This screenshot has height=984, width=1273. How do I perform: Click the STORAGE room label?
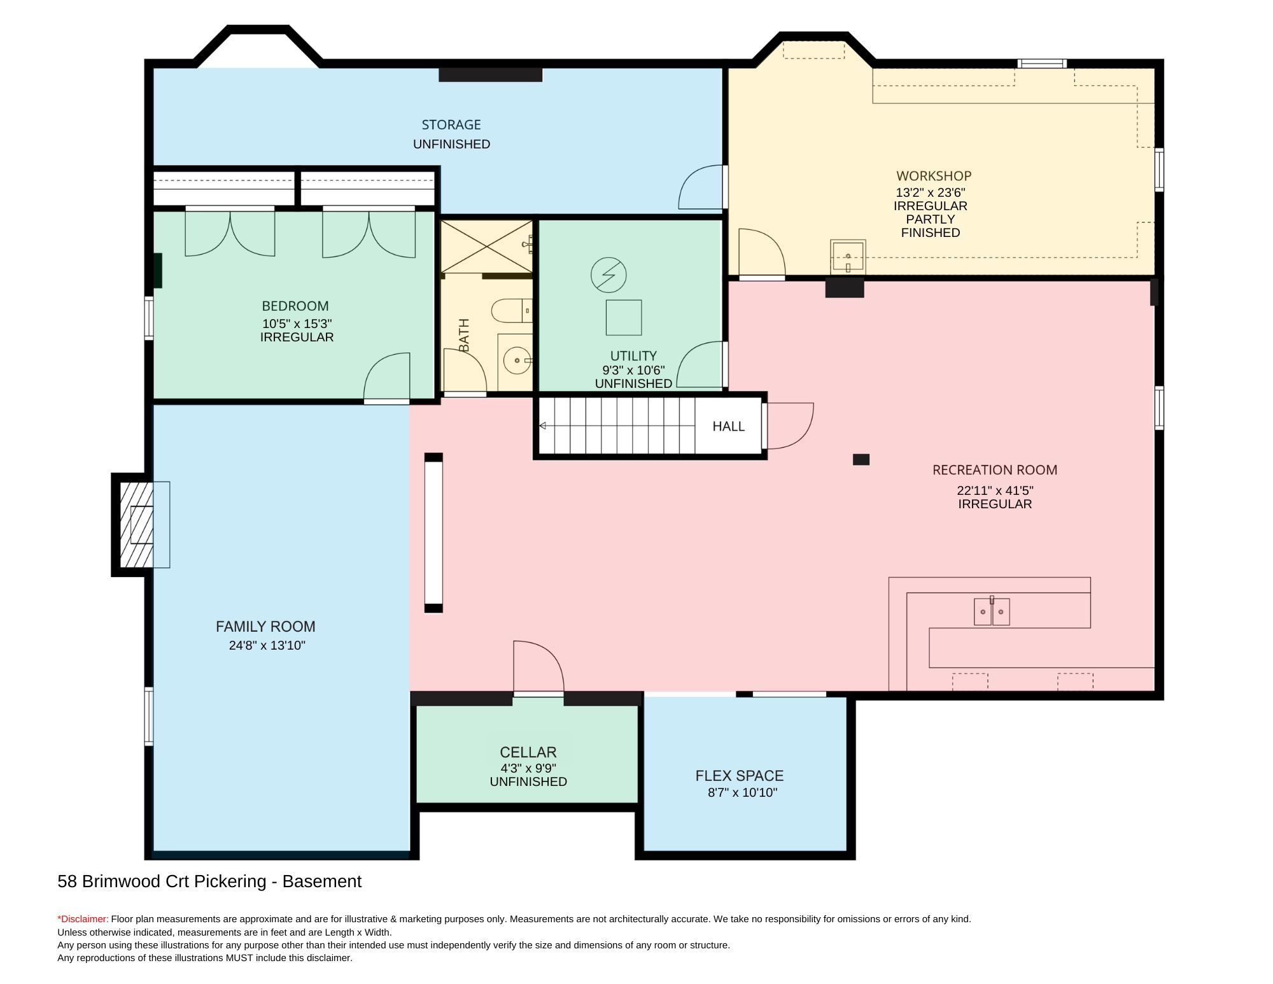451,125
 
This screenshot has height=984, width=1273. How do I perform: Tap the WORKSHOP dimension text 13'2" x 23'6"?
931,192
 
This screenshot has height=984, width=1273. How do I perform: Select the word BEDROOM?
295,306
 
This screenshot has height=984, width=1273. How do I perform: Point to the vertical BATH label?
464,335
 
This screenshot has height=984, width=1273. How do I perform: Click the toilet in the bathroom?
511,310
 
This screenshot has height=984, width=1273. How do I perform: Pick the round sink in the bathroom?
514,360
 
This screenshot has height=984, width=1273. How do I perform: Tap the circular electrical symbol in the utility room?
608,275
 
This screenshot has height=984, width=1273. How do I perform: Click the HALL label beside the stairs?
728,426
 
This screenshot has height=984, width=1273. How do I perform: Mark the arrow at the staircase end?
543,425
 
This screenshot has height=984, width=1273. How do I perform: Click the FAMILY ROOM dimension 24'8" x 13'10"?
267,645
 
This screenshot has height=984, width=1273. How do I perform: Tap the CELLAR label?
528,752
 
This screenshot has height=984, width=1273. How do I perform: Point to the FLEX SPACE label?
740,776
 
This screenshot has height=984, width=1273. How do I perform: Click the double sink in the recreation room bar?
992,611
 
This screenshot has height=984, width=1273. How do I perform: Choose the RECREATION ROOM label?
995,470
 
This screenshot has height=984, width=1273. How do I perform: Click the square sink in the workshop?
848,257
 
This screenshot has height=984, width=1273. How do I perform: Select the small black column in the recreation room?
861,459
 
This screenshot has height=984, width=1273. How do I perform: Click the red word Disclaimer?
83,919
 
